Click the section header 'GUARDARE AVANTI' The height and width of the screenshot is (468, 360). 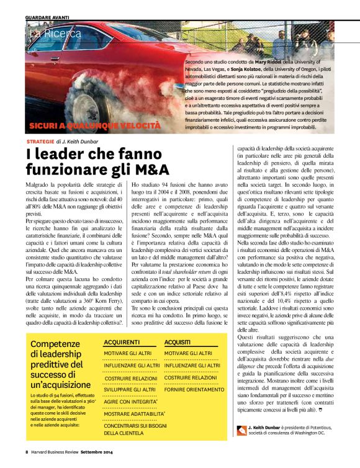click(47, 17)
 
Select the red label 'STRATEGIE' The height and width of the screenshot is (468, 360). click(40, 142)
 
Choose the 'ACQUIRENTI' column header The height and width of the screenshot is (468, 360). click(121, 342)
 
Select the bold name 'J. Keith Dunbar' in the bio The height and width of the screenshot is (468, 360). click(268, 428)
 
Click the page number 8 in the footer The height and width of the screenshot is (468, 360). click(27, 451)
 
